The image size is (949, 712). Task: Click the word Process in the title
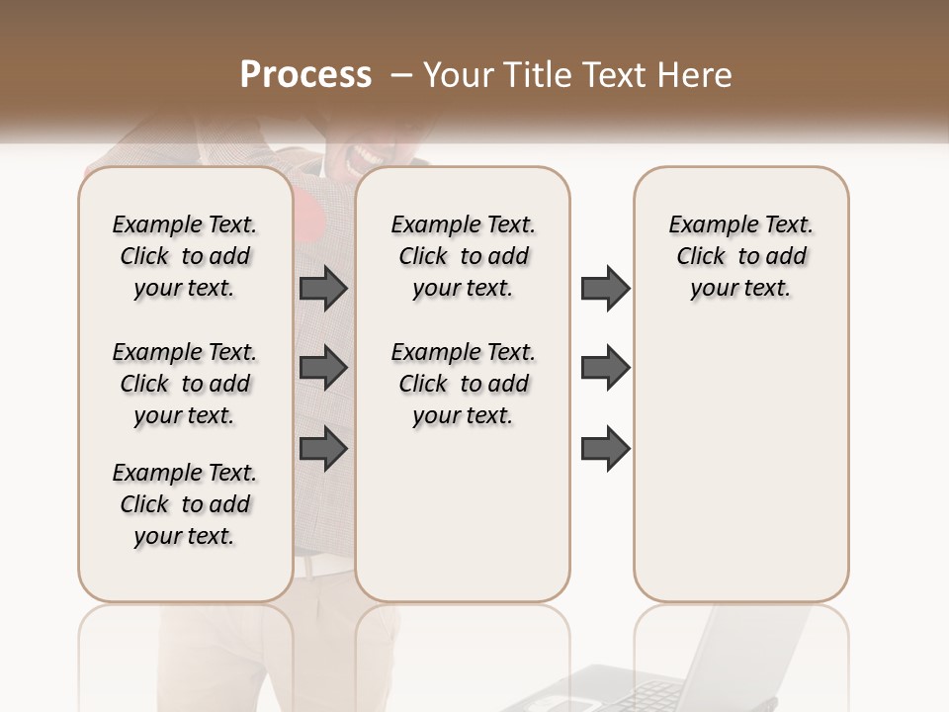click(305, 75)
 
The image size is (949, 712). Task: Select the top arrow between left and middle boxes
click(323, 289)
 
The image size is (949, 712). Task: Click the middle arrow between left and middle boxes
click(323, 368)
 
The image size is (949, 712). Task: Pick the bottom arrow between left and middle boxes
click(323, 449)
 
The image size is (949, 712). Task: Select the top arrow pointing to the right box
click(605, 289)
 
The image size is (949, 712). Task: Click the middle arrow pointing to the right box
click(605, 368)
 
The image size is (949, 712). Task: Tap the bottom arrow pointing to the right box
click(605, 449)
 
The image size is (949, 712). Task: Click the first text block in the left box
click(185, 256)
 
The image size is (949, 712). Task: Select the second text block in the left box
click(185, 384)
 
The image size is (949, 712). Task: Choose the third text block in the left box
click(185, 504)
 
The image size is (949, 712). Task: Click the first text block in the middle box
click(463, 256)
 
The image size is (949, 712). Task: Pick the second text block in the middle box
click(463, 384)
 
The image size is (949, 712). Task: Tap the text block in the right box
click(740, 256)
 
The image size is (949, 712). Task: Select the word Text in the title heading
click(615, 75)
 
